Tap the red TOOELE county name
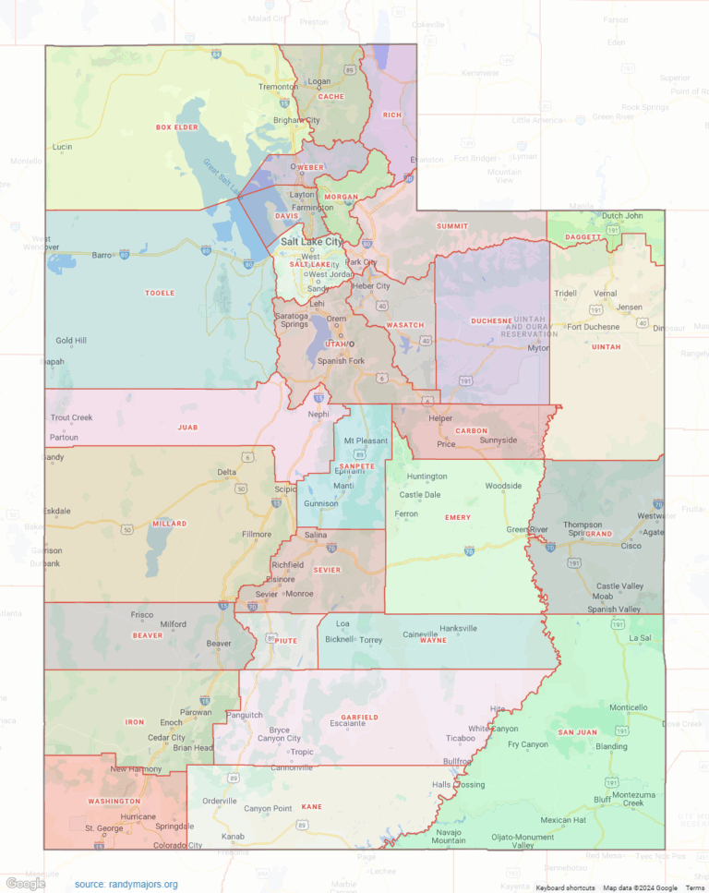click(159, 293)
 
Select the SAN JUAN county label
click(577, 732)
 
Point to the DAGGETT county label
click(583, 236)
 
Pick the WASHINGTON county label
click(114, 801)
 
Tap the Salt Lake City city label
click(311, 241)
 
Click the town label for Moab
click(603, 597)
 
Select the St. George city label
click(103, 828)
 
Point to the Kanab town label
click(233, 837)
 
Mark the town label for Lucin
click(63, 147)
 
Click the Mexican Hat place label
click(563, 819)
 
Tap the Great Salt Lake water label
click(212, 175)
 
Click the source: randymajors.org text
click(126, 884)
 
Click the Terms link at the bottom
click(694, 887)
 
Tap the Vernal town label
click(606, 293)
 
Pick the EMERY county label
click(458, 517)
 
